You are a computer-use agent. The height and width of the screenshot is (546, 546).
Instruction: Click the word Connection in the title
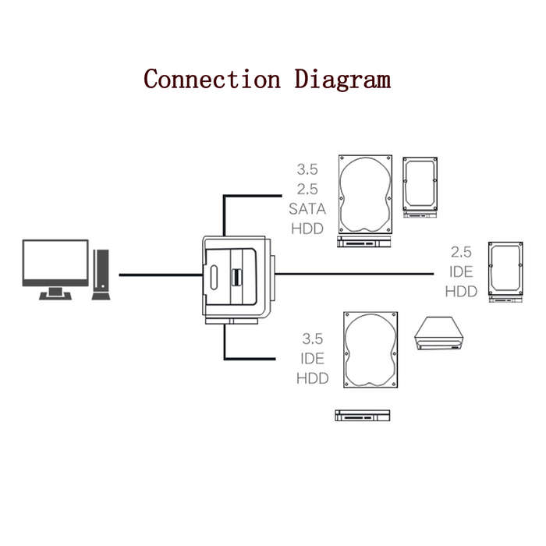[212, 79]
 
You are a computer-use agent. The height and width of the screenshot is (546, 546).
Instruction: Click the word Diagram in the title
[342, 80]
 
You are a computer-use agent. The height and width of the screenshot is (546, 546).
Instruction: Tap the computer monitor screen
[55, 260]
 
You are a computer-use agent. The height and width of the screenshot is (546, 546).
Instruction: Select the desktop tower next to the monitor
[101, 275]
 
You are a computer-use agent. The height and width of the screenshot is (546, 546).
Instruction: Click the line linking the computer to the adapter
[161, 275]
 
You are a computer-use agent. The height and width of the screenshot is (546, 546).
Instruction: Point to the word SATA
[307, 209]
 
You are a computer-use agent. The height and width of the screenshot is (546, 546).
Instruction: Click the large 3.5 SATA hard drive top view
[365, 194]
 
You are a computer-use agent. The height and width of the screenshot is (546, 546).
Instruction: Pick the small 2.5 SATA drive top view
[420, 184]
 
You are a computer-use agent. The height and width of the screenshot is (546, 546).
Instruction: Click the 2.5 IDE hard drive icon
[505, 268]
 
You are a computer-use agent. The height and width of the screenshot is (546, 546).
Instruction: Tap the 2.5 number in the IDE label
[461, 252]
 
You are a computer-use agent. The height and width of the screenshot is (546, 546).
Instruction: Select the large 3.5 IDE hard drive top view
[370, 349]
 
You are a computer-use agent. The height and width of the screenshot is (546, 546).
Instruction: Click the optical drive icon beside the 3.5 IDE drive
[438, 333]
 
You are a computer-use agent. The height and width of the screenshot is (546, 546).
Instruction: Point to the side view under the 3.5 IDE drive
[363, 416]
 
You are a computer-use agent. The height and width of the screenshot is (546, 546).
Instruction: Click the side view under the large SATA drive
[364, 242]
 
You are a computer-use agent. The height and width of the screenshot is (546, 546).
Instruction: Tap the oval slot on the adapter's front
[214, 277]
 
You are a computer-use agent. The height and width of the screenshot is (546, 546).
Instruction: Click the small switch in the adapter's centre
[236, 278]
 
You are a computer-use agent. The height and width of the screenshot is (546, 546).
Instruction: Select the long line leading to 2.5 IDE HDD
[354, 274]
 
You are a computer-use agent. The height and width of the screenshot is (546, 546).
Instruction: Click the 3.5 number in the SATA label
[307, 169]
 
